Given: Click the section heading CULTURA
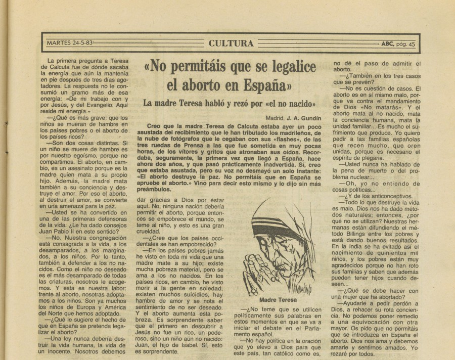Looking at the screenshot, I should click(x=231, y=43).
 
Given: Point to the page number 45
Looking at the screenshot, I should click(x=412, y=44).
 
